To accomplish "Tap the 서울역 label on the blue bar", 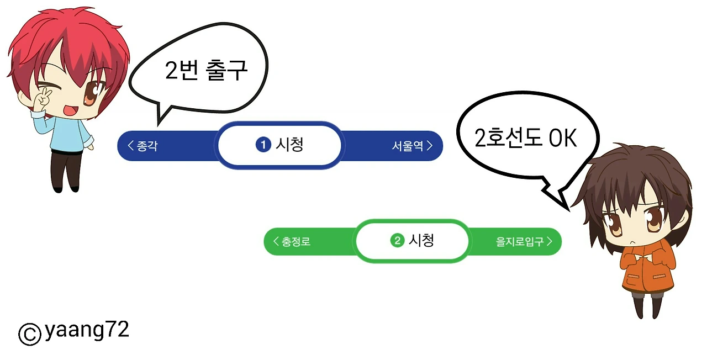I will tap(408, 146).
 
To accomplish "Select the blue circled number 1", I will tap(263, 145).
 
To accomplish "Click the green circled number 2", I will tap(397, 241).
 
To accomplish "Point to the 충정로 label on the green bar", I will tap(296, 242).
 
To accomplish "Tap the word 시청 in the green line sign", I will tap(421, 241).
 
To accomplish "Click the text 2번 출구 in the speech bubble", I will tap(206, 70).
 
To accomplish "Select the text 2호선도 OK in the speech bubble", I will tap(525, 139).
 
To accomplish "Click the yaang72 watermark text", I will tap(87, 330).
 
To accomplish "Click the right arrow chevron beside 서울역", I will tap(429, 146).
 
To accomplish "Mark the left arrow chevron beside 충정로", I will tap(276, 242).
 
